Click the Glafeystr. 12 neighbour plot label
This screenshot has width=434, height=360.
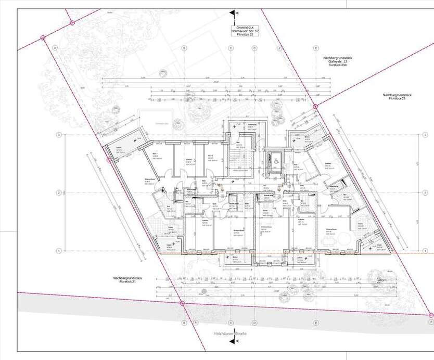pos(334,63)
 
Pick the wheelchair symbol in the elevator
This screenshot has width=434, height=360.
pos(271,160)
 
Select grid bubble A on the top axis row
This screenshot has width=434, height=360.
pos(54,47)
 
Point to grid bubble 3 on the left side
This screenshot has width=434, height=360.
pos(60,135)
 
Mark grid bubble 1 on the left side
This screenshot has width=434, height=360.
pos(60,250)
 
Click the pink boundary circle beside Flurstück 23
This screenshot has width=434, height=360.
pos(315,106)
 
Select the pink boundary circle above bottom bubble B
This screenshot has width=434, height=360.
pos(182,303)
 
